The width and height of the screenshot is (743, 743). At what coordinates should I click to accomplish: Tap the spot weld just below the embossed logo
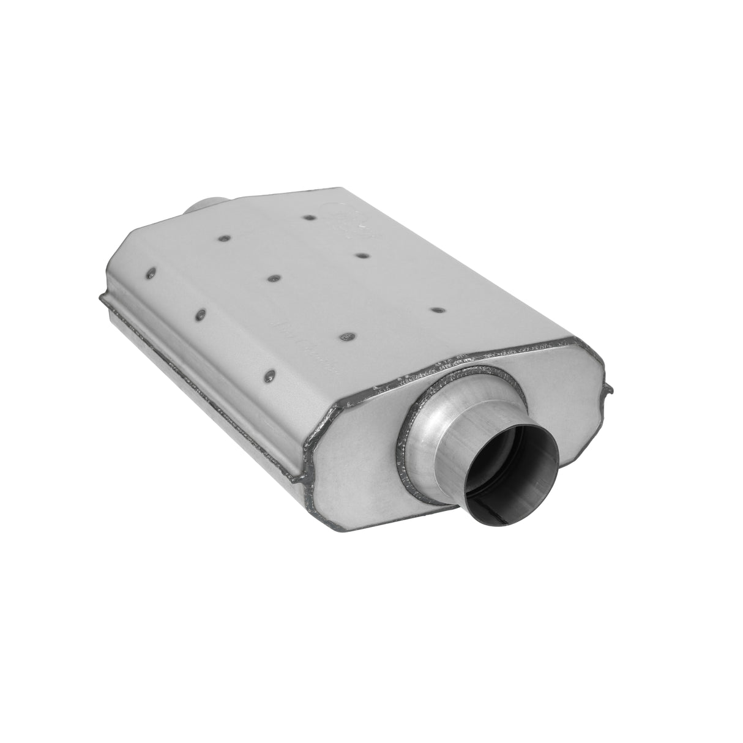pos(361,255)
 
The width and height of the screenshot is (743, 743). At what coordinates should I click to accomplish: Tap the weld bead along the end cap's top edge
pos(477,361)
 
